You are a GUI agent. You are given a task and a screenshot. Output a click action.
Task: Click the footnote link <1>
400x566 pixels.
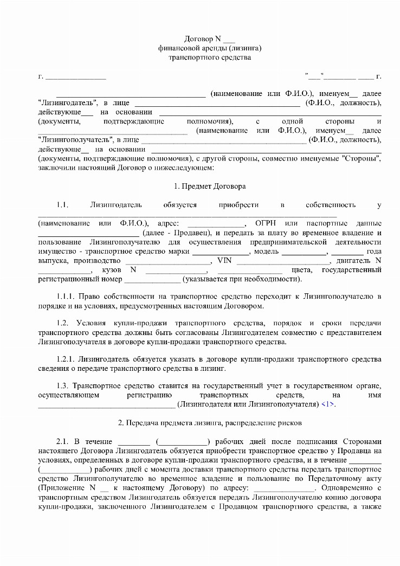point(328,404)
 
